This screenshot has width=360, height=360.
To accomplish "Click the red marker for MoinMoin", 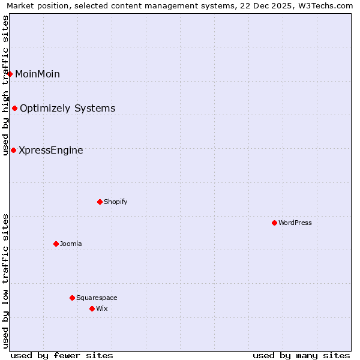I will (10, 74).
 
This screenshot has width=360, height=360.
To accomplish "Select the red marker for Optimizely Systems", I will (14, 108).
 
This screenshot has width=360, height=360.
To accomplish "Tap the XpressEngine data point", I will (13, 150).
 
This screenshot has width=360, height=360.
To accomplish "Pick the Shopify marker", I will (100, 202).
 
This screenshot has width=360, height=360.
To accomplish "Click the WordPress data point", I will (274, 223).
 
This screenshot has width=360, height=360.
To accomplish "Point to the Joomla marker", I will (56, 244).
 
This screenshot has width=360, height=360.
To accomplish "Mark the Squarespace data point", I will (72, 298).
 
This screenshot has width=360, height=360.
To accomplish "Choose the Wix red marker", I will (92, 308).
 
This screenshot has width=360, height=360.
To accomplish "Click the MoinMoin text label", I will (37, 74).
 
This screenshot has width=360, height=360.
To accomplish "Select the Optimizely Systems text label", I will (67, 108).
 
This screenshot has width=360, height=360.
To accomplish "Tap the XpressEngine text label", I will (50, 150).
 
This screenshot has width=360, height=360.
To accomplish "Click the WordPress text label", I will (295, 223).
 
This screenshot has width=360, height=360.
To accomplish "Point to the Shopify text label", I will (115, 202).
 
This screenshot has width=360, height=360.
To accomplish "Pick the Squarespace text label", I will (97, 298).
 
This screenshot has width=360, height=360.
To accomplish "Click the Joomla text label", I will (71, 244).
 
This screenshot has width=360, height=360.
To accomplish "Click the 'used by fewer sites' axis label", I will (62, 355).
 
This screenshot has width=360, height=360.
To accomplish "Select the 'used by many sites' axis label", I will (301, 355).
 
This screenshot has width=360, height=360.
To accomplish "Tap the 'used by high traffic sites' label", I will (5, 85).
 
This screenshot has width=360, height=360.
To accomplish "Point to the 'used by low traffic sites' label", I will (5, 281).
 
